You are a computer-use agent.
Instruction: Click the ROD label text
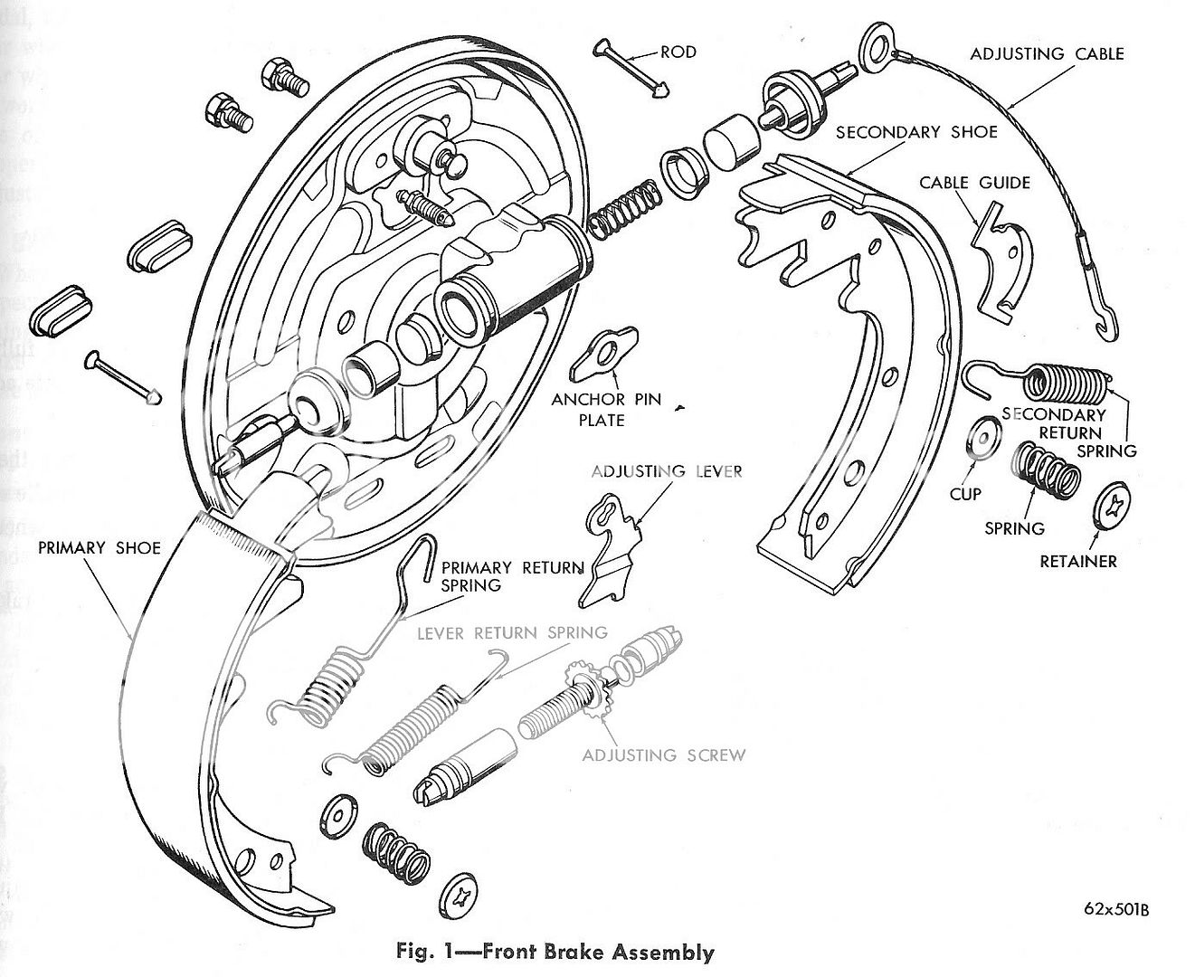(x=678, y=52)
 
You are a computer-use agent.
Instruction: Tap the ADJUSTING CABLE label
(x=1047, y=54)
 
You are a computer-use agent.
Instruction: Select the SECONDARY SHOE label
(x=915, y=132)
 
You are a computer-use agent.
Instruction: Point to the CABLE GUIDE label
(x=974, y=183)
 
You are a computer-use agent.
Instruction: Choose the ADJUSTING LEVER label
(x=667, y=471)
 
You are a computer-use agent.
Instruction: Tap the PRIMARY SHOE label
(x=100, y=547)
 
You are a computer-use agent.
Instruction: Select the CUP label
(x=965, y=495)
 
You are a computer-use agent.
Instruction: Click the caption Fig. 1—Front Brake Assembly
(x=555, y=953)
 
